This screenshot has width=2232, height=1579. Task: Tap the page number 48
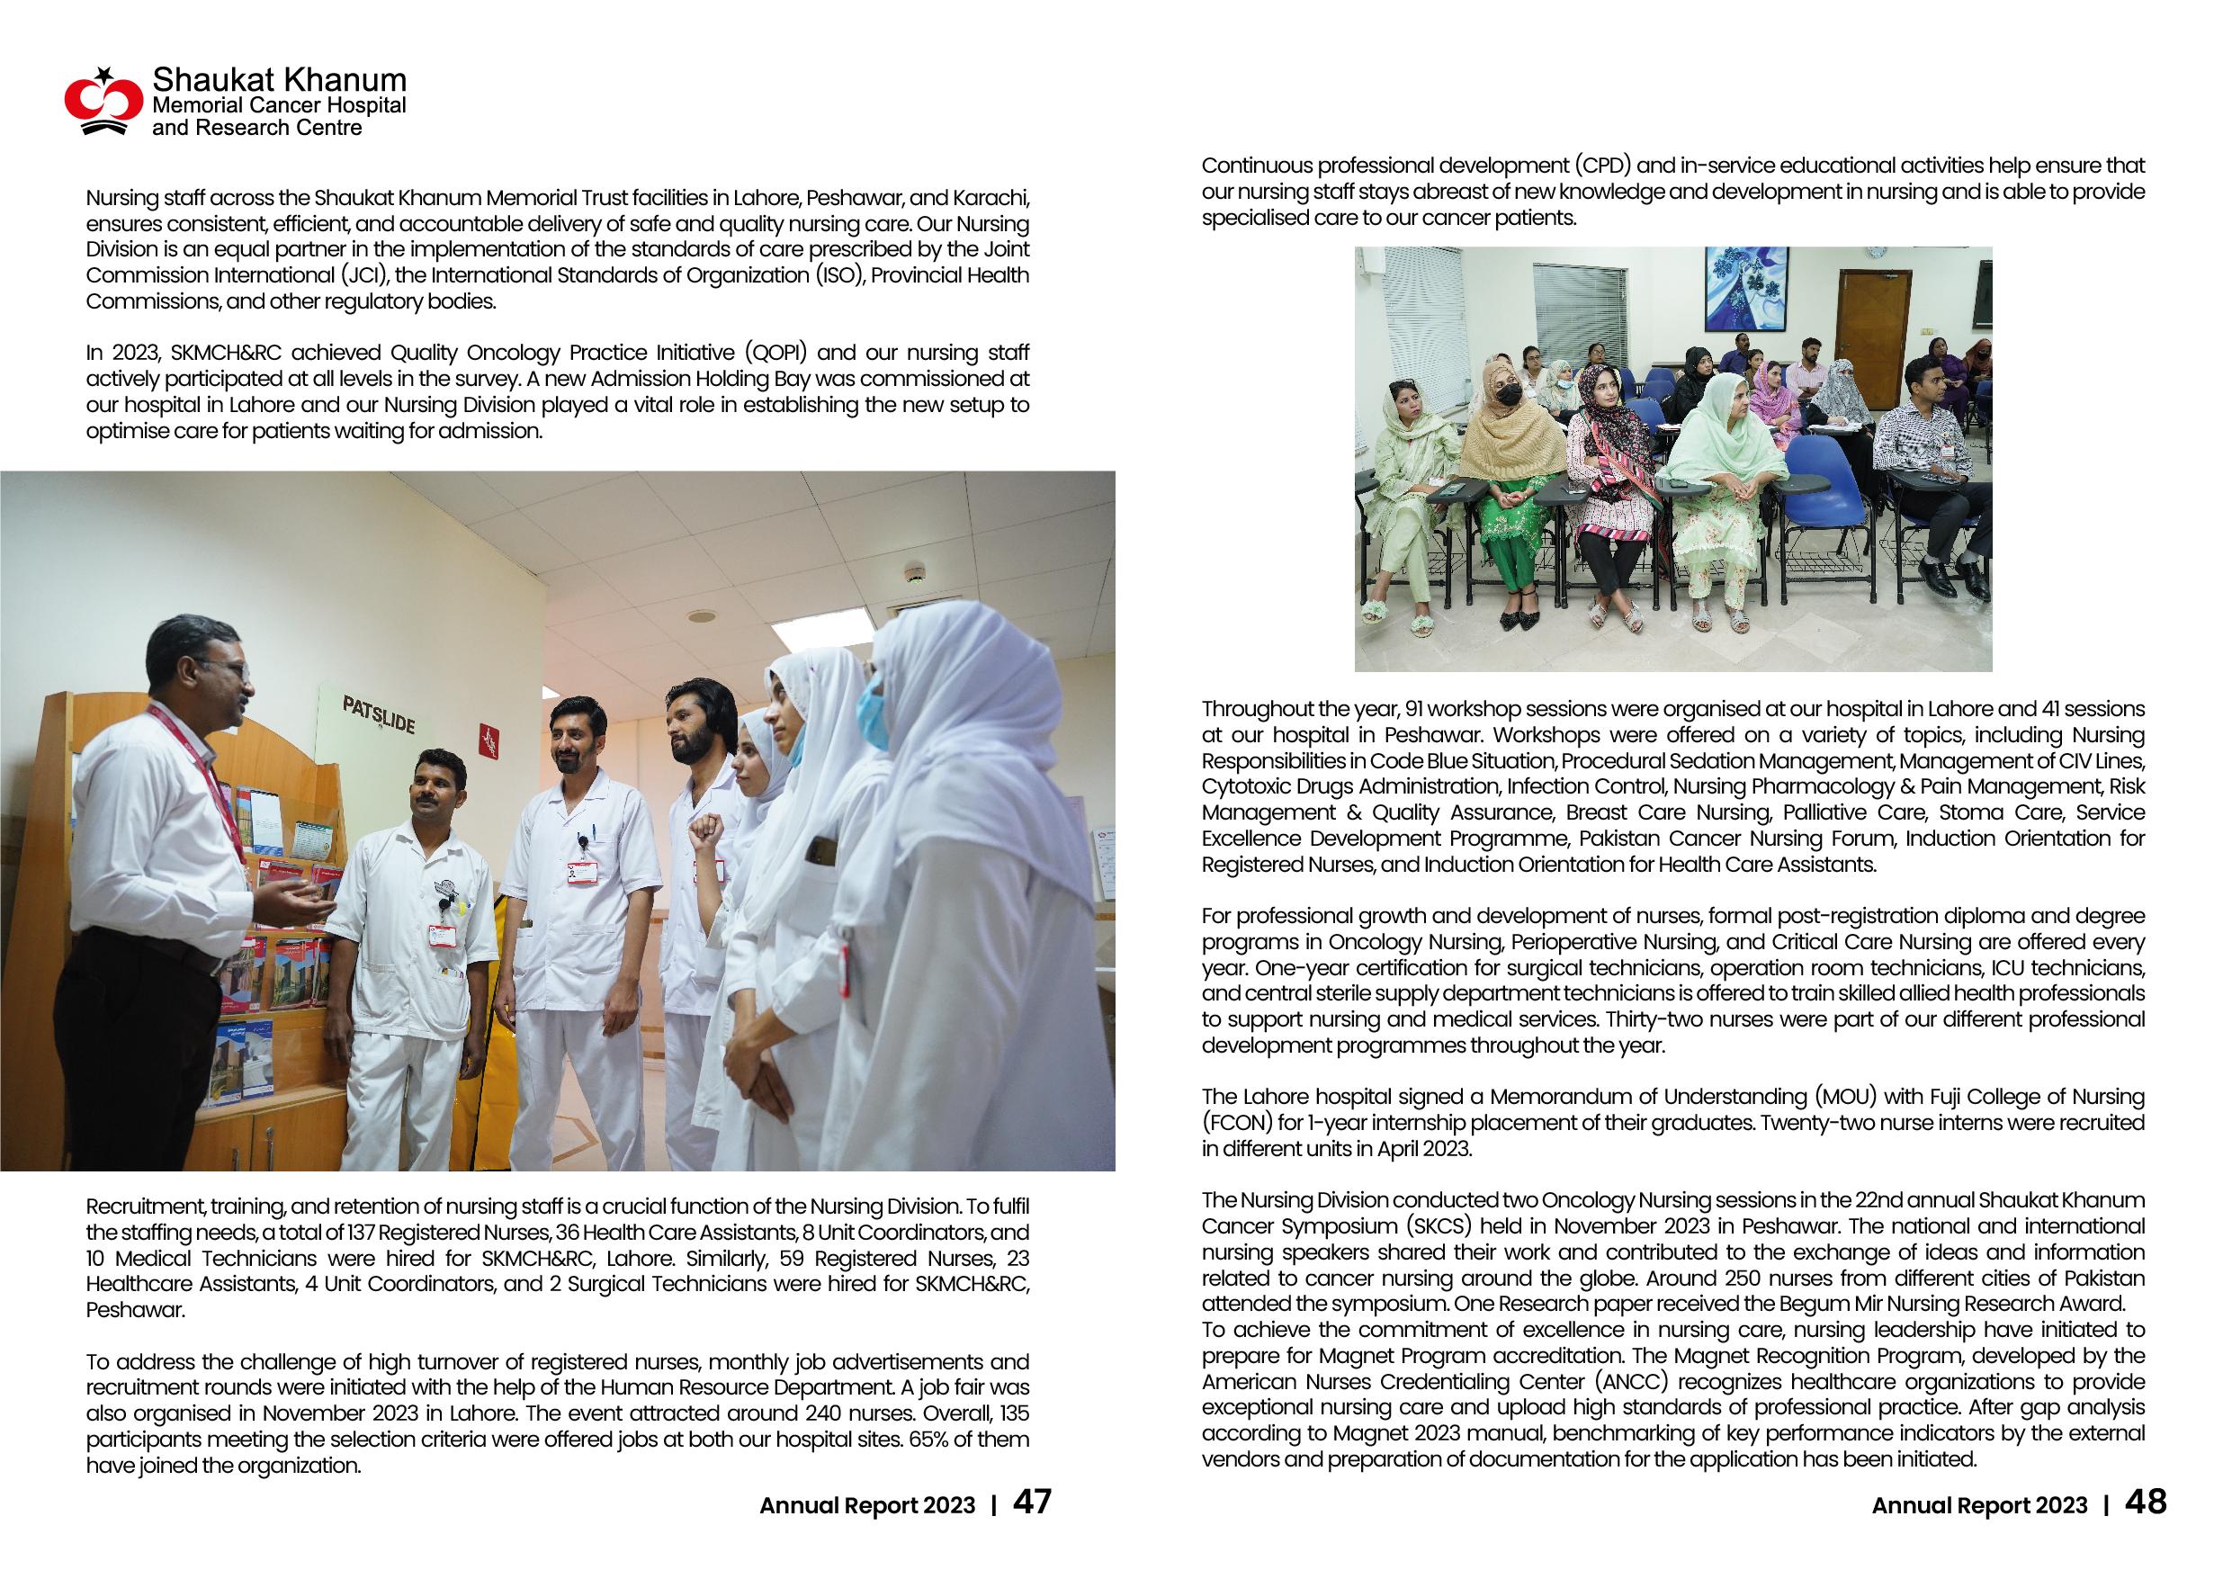2146,1503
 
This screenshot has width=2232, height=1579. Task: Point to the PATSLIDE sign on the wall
378,715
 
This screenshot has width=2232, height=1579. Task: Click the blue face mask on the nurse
872,715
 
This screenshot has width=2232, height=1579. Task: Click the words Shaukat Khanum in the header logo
279,80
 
